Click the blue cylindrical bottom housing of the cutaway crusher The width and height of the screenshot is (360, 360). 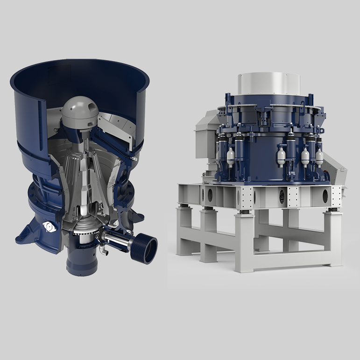(82, 262)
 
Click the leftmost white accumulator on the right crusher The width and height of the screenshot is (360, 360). (230, 154)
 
